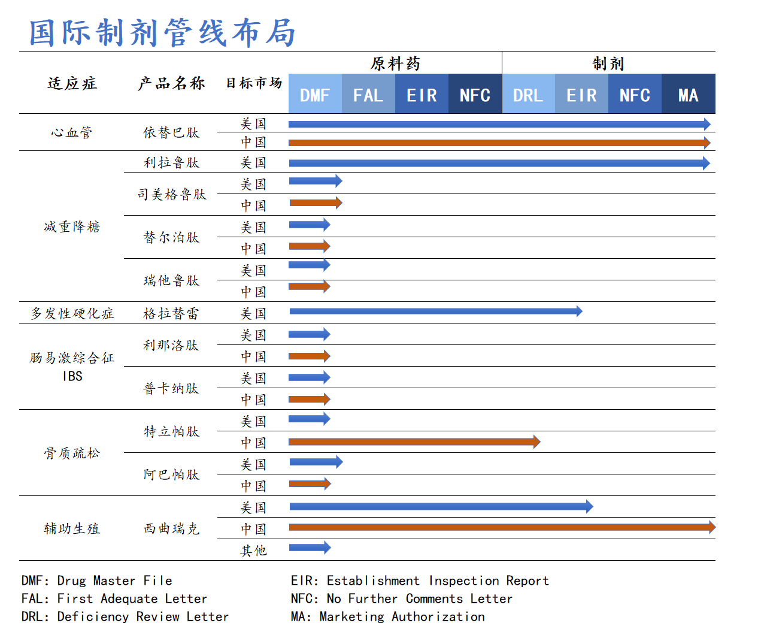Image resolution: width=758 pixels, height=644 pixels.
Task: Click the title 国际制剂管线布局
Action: pos(163,32)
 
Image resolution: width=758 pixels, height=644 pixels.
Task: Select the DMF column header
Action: pos(315,95)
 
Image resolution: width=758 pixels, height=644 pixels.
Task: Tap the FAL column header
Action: pos(368,95)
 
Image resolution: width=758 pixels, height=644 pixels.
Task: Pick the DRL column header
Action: pos(528,95)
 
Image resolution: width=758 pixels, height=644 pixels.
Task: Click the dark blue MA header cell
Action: pos(689,95)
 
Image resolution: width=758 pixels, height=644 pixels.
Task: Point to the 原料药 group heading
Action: pos(395,64)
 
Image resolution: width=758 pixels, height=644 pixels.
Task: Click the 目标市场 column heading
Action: pos(253,83)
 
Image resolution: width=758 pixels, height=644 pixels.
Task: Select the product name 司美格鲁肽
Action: pos(172,195)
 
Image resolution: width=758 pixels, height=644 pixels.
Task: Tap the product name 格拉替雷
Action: pos(171,313)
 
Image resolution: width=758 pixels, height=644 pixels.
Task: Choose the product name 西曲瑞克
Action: pos(171,528)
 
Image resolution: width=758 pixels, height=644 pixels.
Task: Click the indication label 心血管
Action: pos(72,132)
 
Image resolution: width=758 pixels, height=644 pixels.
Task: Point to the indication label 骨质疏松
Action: pos(72,453)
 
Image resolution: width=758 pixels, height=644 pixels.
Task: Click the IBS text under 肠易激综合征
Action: pos(72,376)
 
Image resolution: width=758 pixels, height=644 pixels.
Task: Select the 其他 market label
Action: pos(253,551)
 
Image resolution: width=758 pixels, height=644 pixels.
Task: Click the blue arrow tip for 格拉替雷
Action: pos(579,311)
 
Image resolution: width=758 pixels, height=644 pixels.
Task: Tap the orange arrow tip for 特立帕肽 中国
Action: pos(537,442)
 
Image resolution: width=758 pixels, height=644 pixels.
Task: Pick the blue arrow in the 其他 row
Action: pos(310,548)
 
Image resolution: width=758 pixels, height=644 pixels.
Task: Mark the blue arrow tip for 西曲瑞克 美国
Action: pos(590,507)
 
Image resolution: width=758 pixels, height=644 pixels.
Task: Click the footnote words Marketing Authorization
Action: pos(402,616)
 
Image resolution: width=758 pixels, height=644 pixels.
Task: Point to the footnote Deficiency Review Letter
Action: pos(142,616)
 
